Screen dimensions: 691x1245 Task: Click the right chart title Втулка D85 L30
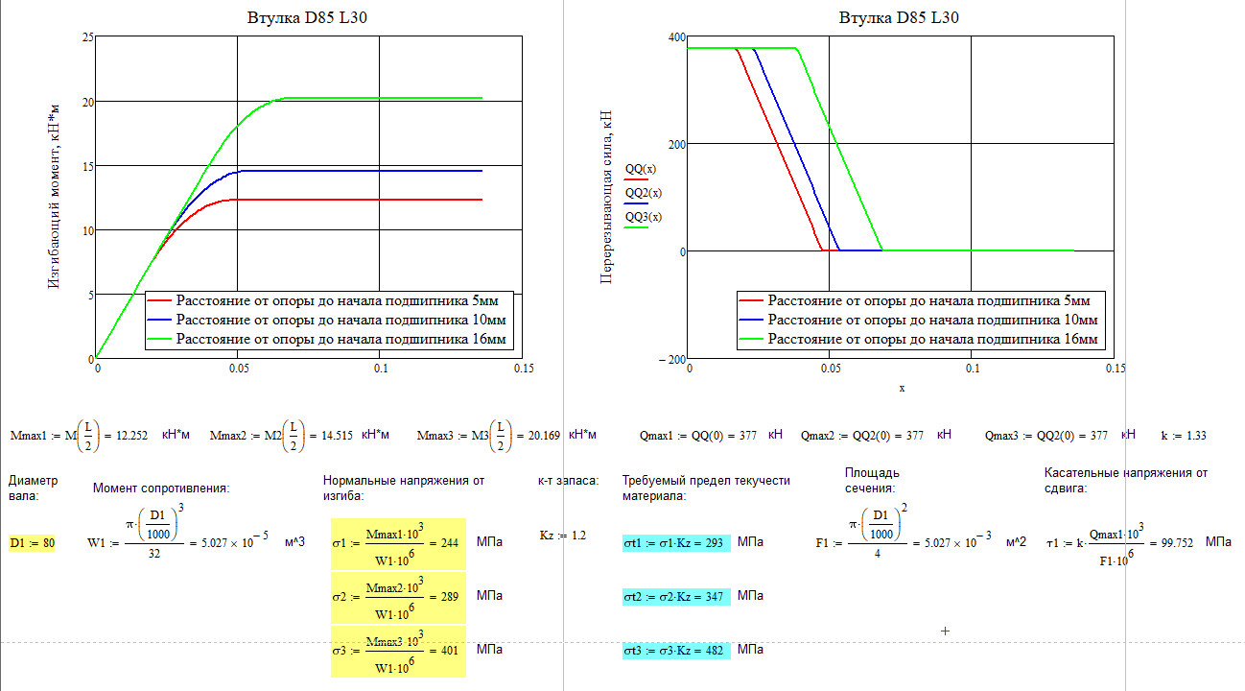(x=899, y=17)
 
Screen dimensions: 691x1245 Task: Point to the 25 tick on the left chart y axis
(x=88, y=37)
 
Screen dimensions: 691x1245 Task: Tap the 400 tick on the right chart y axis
(x=676, y=37)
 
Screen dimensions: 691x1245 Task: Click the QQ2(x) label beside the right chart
(x=642, y=194)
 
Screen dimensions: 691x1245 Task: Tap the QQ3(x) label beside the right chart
(x=642, y=218)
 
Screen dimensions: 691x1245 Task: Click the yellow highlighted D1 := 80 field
(x=32, y=543)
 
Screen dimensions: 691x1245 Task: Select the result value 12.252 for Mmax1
(x=132, y=435)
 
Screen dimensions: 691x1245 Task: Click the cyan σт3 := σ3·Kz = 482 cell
(x=676, y=652)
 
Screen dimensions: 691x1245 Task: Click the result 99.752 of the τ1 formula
(x=1176, y=543)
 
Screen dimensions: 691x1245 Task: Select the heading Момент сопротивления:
(x=161, y=488)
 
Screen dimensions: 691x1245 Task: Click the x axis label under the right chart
(x=902, y=388)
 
